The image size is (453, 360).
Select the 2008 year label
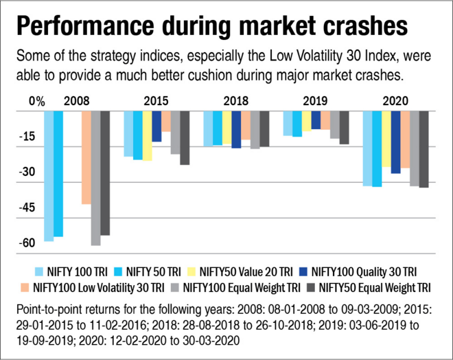click(76, 101)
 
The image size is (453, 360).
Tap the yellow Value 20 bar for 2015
click(147, 135)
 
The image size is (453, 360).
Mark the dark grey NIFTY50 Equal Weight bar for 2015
click(185, 137)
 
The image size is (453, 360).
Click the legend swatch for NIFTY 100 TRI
click(40, 271)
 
